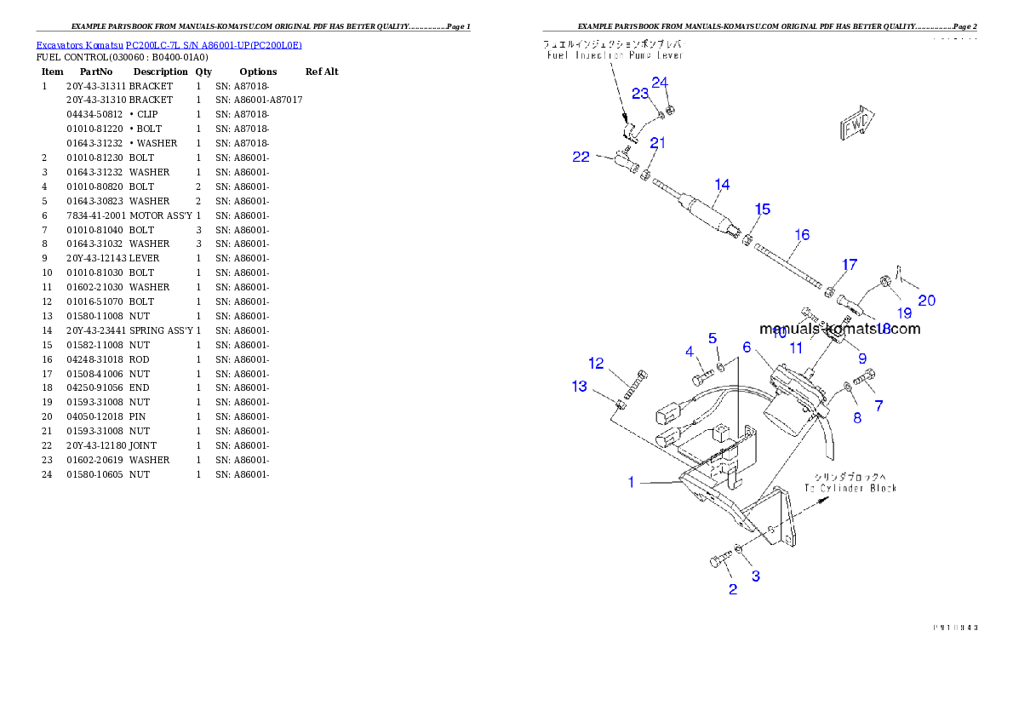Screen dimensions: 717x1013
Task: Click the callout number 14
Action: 722,185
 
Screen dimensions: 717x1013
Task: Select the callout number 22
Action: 581,157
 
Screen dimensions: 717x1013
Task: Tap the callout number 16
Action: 802,235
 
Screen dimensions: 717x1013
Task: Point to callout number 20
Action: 926,301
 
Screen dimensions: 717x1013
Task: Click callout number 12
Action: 596,364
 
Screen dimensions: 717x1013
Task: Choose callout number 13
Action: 579,387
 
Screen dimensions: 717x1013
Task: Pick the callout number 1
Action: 631,483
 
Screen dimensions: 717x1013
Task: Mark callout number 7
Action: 879,406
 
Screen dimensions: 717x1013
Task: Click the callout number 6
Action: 747,347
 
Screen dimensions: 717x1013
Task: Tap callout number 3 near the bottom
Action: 755,576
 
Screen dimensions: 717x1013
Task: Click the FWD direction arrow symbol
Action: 857,124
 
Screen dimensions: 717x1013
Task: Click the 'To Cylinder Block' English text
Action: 850,488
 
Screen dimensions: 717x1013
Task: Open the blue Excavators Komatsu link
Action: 169,45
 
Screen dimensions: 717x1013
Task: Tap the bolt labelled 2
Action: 719,560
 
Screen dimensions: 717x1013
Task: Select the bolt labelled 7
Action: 863,378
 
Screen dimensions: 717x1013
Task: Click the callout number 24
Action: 661,83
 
